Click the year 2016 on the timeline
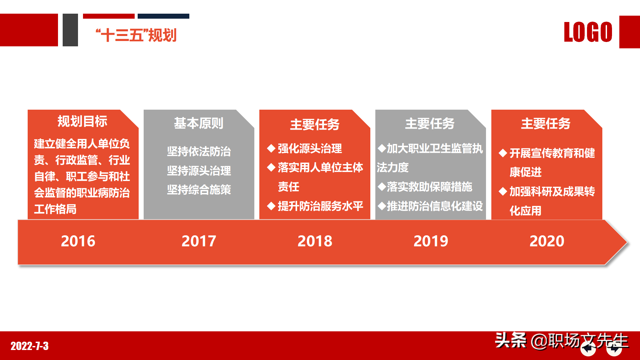[x=78, y=241]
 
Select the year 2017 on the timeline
[x=199, y=241]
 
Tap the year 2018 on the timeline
[x=315, y=241]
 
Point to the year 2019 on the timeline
[x=431, y=241]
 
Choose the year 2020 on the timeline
[x=547, y=241]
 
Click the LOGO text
[x=588, y=32]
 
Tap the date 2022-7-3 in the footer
[x=30, y=346]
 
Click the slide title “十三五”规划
[x=136, y=35]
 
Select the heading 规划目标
[x=82, y=121]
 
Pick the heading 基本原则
[x=199, y=123]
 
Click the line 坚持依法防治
[x=199, y=152]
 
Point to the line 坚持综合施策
[x=199, y=190]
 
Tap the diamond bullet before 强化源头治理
[x=271, y=148]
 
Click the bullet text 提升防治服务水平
[x=320, y=206]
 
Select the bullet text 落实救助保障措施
[x=429, y=187]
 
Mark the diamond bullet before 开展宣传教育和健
[x=503, y=153]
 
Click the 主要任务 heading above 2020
[x=546, y=124]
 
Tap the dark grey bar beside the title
[x=70, y=30]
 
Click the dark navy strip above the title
[x=163, y=16]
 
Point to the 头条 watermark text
[x=510, y=340]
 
